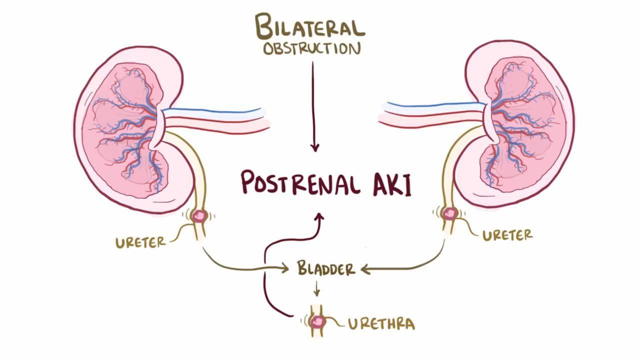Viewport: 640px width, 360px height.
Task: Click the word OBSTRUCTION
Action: [312, 49]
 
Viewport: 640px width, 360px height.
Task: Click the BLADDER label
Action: [326, 268]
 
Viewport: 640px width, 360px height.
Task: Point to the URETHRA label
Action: [381, 323]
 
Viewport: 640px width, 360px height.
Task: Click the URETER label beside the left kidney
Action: [140, 242]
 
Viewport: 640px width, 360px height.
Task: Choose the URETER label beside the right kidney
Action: [507, 234]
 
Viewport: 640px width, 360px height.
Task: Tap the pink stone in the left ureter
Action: [200, 216]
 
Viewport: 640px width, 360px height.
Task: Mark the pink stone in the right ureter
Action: [449, 213]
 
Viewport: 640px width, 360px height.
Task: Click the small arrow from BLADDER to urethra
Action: [316, 289]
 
